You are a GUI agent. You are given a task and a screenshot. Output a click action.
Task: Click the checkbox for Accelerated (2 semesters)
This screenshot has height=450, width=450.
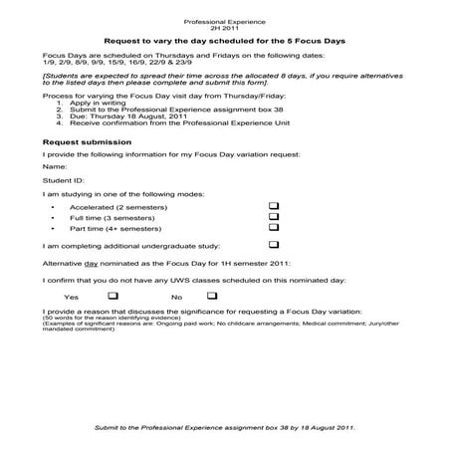pyautogui.click(x=273, y=204)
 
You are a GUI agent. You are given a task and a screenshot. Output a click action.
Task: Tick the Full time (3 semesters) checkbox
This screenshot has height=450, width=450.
pyautogui.click(x=273, y=215)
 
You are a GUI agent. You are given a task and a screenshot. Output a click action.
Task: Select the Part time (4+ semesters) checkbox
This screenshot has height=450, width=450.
pyautogui.click(x=273, y=227)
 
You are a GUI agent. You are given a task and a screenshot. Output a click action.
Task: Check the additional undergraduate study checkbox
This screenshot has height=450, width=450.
pyautogui.click(x=273, y=244)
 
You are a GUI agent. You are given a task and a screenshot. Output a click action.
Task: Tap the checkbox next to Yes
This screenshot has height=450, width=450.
pyautogui.click(x=112, y=296)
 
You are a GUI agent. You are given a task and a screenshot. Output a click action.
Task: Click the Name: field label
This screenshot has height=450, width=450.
pyautogui.click(x=56, y=167)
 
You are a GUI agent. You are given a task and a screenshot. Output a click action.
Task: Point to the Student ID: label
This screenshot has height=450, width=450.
pyautogui.click(x=63, y=181)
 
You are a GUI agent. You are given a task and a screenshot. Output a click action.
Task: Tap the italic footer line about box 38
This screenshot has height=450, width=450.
pyautogui.click(x=224, y=426)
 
